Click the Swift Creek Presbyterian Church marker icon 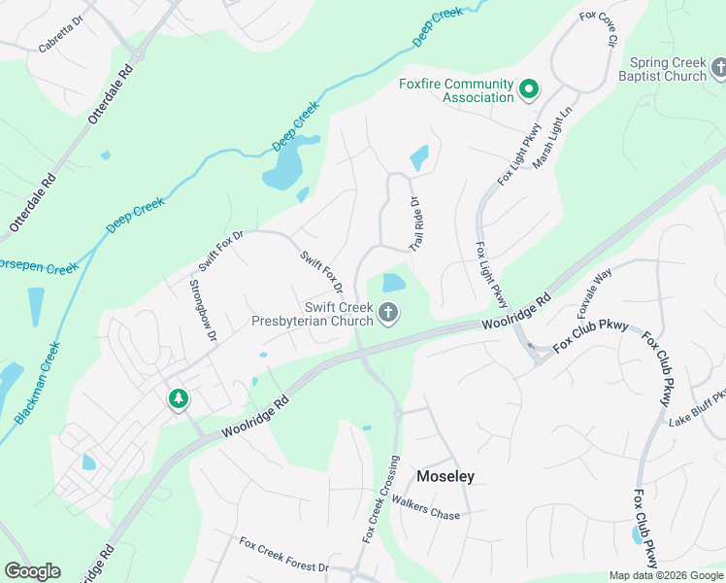click(388, 313)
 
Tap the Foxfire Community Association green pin click(529, 90)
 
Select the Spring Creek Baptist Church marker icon click(719, 68)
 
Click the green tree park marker click(178, 398)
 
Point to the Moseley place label click(445, 476)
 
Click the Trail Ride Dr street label click(415, 224)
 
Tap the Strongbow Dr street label click(202, 311)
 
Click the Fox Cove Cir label click(598, 29)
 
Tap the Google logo click(32, 570)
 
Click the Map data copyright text click(667, 575)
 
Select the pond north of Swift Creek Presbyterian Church click(393, 283)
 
